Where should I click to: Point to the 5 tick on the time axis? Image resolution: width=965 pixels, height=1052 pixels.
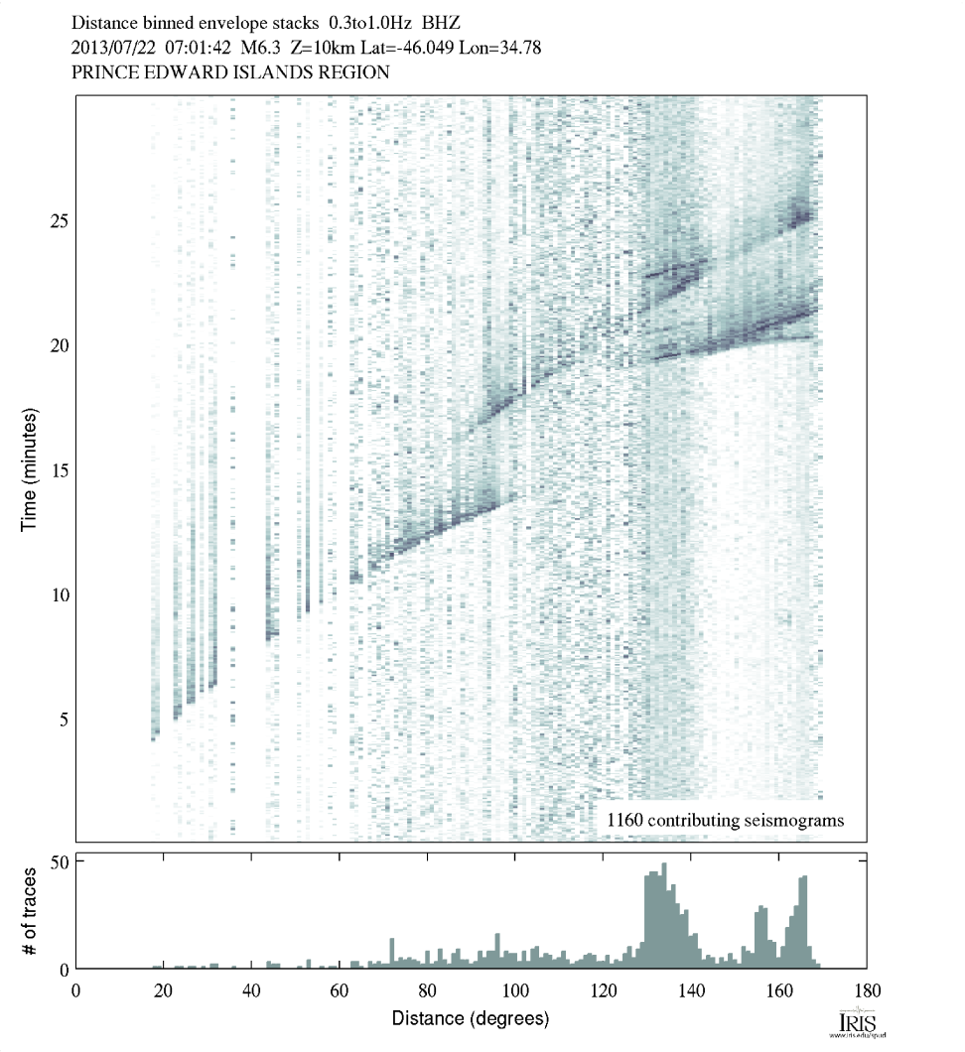(x=66, y=719)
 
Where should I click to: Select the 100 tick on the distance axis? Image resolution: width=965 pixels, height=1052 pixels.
(x=514, y=989)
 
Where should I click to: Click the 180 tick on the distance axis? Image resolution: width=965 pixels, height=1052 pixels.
(x=867, y=989)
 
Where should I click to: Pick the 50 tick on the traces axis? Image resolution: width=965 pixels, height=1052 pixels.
(x=59, y=862)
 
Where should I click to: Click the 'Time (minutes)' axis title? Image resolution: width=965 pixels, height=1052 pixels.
(x=30, y=468)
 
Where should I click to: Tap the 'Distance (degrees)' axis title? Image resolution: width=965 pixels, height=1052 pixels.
(x=470, y=1018)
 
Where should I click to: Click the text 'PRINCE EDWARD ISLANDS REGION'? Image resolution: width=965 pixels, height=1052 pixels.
(x=230, y=72)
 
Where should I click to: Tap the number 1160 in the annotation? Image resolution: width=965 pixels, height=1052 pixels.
(x=625, y=820)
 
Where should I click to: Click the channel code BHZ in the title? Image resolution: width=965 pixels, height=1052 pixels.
(x=442, y=22)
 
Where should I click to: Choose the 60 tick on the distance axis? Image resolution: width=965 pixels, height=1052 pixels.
(x=339, y=989)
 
